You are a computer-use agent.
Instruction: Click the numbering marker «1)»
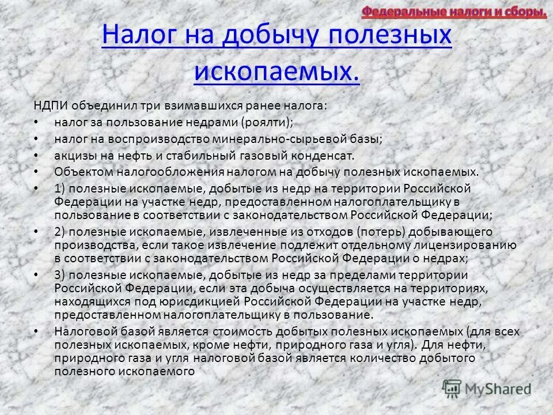click(60, 189)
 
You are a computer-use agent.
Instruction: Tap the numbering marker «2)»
click(60, 232)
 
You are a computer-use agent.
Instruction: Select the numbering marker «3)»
click(60, 274)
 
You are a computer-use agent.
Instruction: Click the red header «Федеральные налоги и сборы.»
click(454, 12)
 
